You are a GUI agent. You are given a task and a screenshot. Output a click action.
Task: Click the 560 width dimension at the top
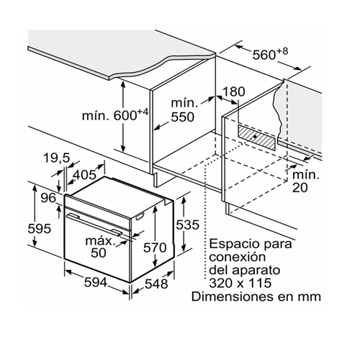click(x=270, y=55)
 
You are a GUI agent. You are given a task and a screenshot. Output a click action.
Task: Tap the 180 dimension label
click(x=234, y=91)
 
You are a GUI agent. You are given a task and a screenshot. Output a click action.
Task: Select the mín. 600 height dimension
click(x=115, y=115)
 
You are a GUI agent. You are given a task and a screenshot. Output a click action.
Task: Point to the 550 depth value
click(x=182, y=117)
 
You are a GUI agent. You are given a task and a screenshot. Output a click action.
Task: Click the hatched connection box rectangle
click(x=257, y=138)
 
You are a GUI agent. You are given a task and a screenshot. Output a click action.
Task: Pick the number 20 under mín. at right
click(x=300, y=187)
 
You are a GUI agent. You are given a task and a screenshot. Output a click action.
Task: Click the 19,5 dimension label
click(x=57, y=158)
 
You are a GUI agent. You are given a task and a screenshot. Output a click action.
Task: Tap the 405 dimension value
click(x=84, y=175)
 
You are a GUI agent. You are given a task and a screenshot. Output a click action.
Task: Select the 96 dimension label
click(x=48, y=198)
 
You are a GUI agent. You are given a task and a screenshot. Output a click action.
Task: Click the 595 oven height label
click(x=40, y=228)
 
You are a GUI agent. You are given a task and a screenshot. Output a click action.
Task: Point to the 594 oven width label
click(x=96, y=282)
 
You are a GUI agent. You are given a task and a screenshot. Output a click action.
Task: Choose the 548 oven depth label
click(x=156, y=284)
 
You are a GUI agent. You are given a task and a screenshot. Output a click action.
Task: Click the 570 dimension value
click(x=155, y=248)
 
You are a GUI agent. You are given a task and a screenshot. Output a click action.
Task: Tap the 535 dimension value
click(x=188, y=225)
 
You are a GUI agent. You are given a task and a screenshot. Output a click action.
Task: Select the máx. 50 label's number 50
click(x=99, y=253)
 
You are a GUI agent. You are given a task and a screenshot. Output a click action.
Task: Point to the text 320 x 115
click(x=240, y=283)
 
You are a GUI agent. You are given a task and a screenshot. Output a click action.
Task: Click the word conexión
click(x=238, y=257)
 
